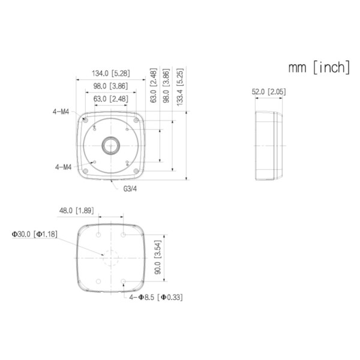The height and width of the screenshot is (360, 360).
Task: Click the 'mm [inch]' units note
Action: click(x=319, y=67)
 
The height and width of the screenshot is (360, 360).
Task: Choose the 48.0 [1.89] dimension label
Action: click(x=76, y=211)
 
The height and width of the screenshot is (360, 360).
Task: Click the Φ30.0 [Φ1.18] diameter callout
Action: click(x=34, y=233)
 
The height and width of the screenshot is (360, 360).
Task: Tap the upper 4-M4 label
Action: click(x=61, y=110)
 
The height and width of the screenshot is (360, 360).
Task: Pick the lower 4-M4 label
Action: click(x=63, y=167)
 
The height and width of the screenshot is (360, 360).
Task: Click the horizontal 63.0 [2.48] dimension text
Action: click(x=110, y=98)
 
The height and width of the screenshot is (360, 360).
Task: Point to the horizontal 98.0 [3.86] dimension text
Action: click(x=110, y=86)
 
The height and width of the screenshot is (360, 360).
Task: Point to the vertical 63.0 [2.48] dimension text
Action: click(x=153, y=87)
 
